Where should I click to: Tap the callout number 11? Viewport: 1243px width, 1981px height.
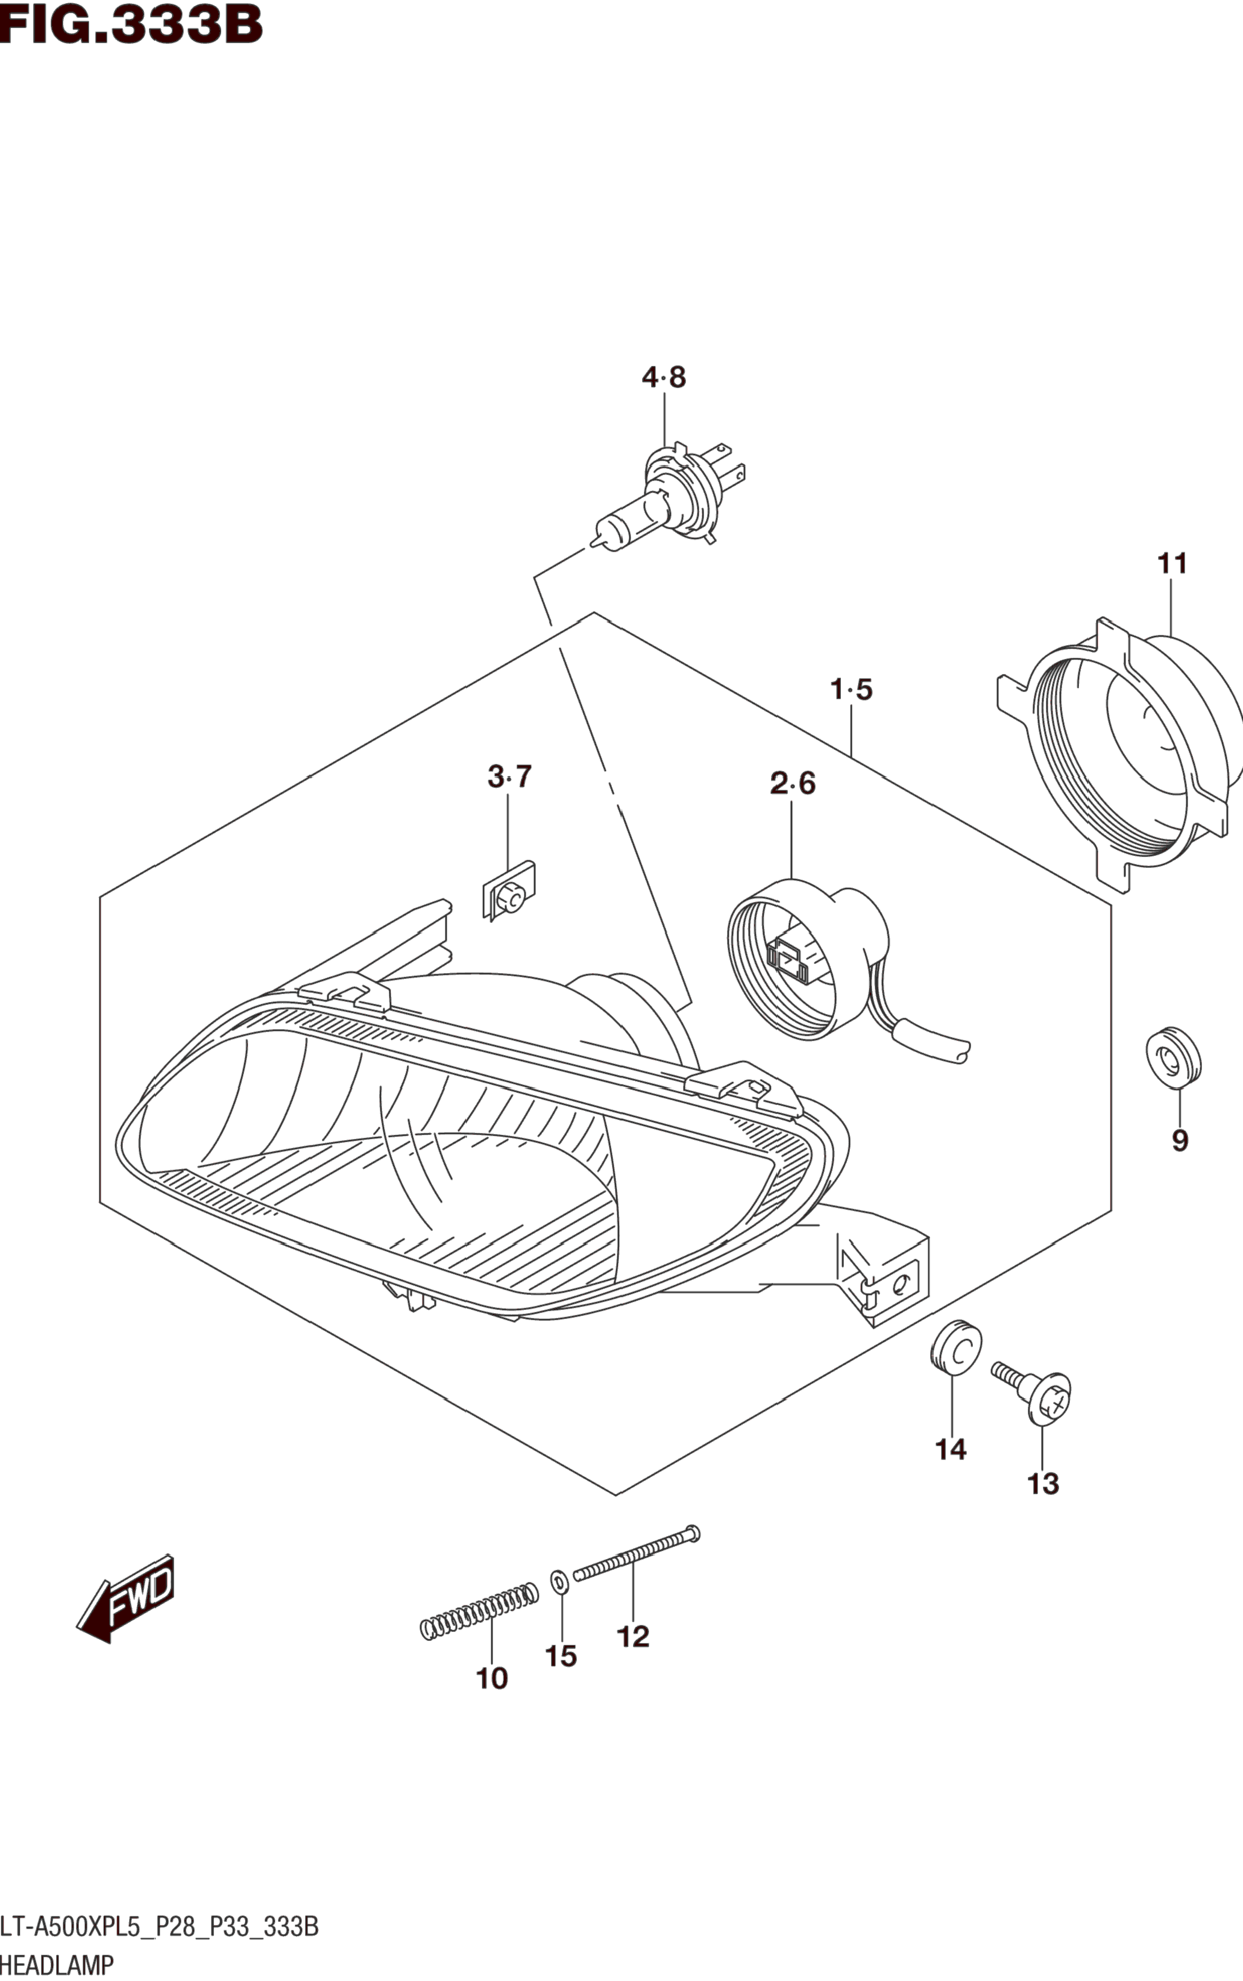tap(1172, 564)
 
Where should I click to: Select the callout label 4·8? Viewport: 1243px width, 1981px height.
tap(664, 377)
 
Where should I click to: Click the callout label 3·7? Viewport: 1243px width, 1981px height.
tap(510, 776)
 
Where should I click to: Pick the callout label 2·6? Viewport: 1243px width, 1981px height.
tap(793, 783)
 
